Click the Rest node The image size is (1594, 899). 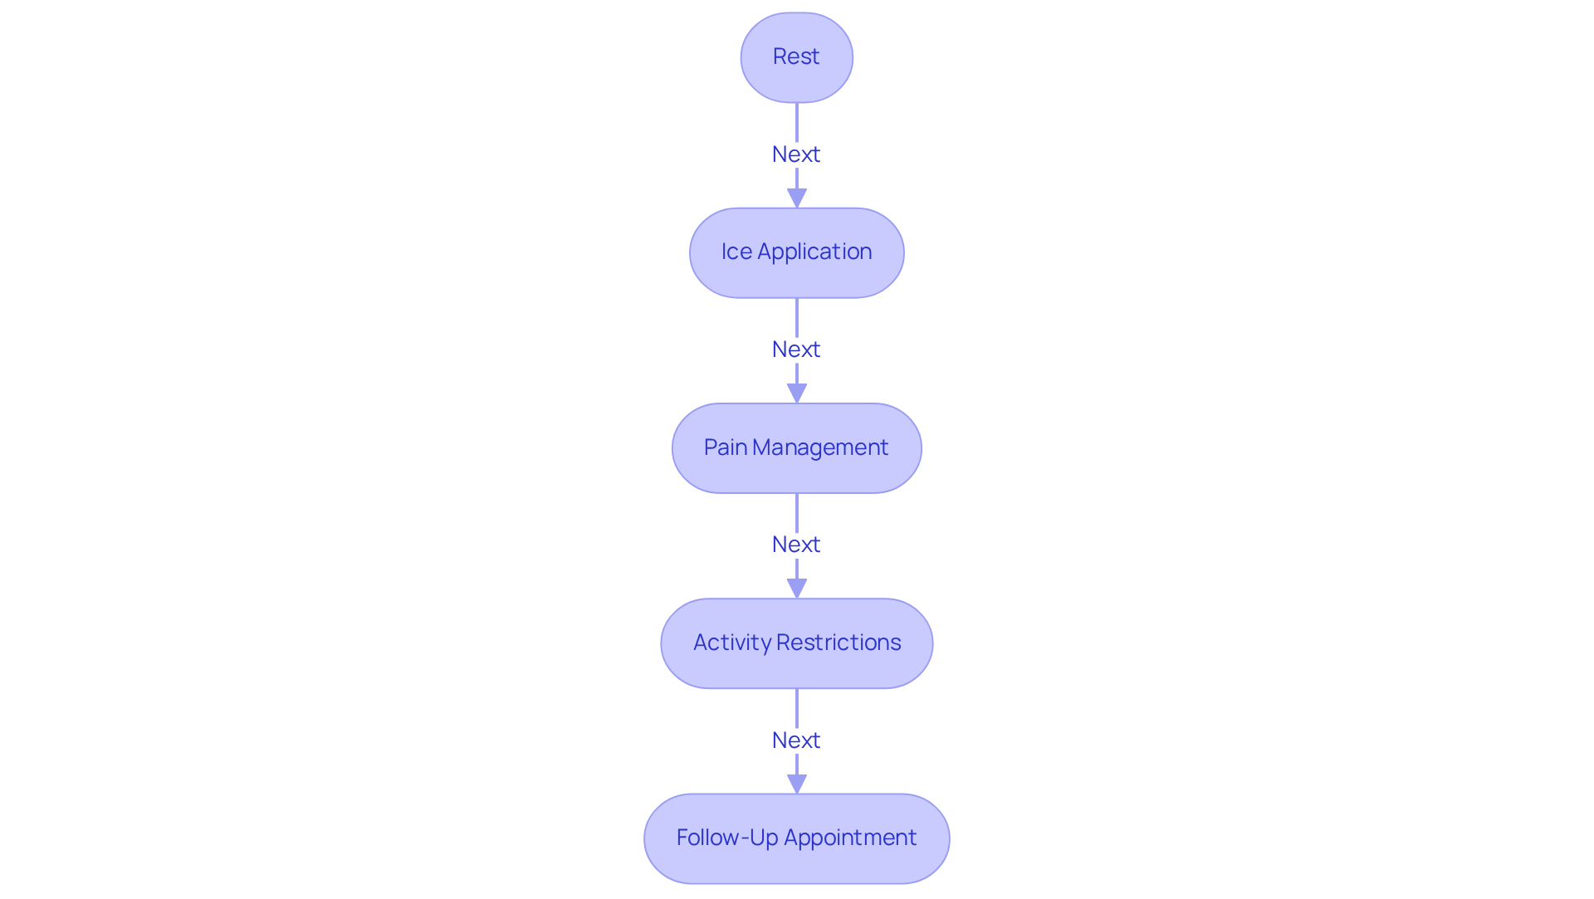point(796,57)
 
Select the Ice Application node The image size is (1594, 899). point(796,252)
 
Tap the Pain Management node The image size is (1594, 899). point(796,448)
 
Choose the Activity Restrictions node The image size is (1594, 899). point(796,643)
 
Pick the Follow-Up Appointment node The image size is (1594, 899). point(796,838)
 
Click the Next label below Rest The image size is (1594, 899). point(796,154)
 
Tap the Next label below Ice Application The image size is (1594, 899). point(796,349)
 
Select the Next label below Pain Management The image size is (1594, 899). point(796,545)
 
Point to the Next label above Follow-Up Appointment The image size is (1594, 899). point(796,740)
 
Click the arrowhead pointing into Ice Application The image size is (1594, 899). point(797,198)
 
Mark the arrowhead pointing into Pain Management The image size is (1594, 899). point(797,393)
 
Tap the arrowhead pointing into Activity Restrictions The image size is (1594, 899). point(797,589)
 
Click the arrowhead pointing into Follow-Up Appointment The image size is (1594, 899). point(797,784)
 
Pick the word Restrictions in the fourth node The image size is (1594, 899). point(839,643)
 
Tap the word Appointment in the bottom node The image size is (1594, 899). point(850,838)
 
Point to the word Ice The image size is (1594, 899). point(736,252)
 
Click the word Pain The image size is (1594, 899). point(726,448)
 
